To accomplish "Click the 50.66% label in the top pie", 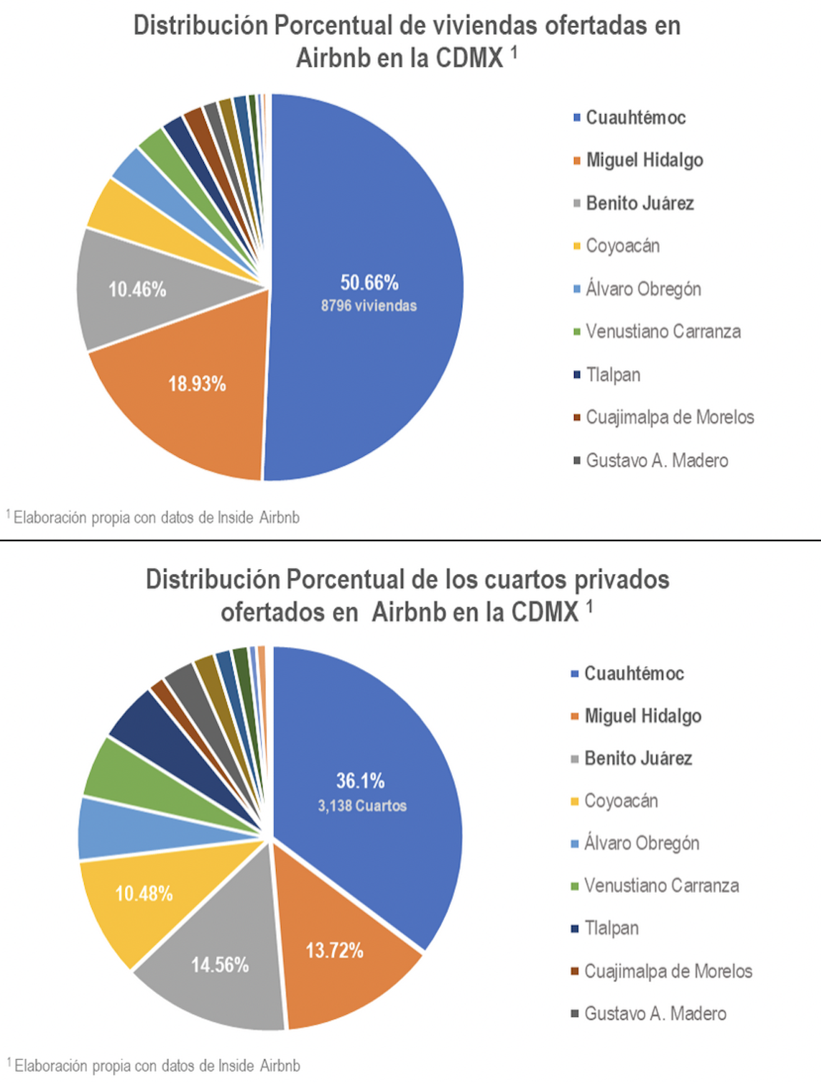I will click(x=369, y=282).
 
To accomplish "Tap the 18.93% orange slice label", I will click(x=197, y=384).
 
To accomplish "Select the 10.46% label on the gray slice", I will click(x=137, y=289).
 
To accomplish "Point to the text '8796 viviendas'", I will click(x=369, y=306).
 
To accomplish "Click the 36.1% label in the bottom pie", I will click(x=360, y=780).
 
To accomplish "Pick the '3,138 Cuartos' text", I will click(x=362, y=806).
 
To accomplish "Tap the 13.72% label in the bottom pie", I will click(x=335, y=950).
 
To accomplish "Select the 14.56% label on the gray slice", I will click(x=220, y=965).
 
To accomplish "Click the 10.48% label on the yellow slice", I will click(x=143, y=893).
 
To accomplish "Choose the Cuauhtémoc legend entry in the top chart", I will click(x=636, y=118).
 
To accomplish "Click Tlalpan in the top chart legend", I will click(x=613, y=374).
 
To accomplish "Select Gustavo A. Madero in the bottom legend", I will click(x=655, y=1013).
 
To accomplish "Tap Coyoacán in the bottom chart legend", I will click(x=621, y=801).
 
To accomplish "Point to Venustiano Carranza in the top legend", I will click(x=663, y=332).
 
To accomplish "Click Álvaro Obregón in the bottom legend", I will click(x=641, y=843).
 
